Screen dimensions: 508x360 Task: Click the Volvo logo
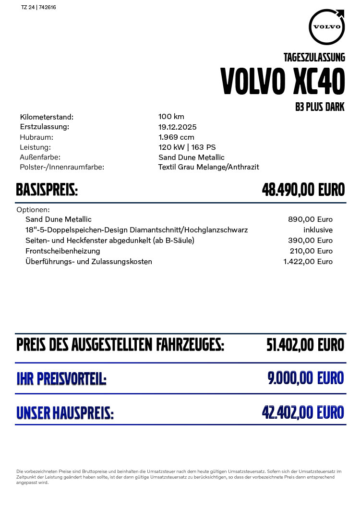pos(327,26)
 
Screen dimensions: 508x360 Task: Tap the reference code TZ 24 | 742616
pos(39,8)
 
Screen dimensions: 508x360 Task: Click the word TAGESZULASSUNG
pos(314,58)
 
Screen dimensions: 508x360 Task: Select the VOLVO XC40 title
pos(283,82)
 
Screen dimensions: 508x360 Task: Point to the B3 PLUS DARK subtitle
pos(320,107)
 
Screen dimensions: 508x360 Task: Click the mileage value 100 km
pos(171,117)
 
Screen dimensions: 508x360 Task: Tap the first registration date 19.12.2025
pos(178,127)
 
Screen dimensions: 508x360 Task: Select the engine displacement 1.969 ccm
pos(176,137)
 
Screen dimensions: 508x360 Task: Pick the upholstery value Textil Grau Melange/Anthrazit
pos(209,167)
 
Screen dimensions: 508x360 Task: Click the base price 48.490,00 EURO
pos(303,191)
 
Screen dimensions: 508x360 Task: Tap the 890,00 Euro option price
pos(310,219)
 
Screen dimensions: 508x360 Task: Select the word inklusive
pos(318,230)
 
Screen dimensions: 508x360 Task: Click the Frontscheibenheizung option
pos(63,251)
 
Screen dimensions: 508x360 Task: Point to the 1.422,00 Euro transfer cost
pos(308,262)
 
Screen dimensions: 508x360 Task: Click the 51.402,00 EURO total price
pos(305,345)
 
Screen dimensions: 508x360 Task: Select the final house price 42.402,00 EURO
pos(303,412)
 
